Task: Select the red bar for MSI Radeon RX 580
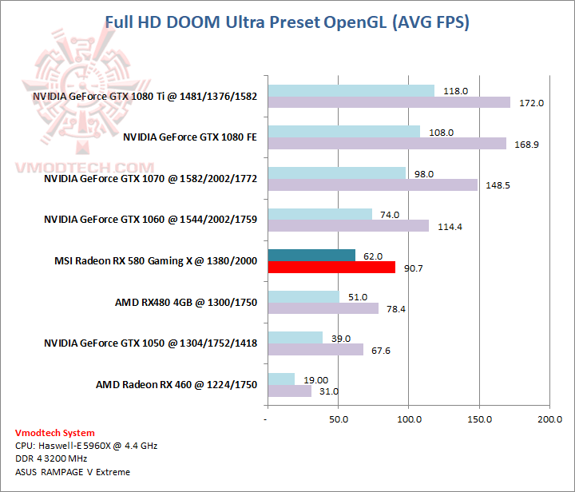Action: pyautogui.click(x=331, y=268)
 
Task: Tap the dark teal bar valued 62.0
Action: pyautogui.click(x=311, y=256)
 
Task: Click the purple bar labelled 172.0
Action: pyautogui.click(x=389, y=102)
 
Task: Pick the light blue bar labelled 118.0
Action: pyautogui.click(x=351, y=91)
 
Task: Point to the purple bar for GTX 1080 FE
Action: pyautogui.click(x=387, y=144)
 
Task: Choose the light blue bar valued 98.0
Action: pyautogui.click(x=337, y=173)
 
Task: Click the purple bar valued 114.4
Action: pyautogui.click(x=348, y=226)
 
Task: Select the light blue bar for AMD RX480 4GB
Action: pyautogui.click(x=303, y=297)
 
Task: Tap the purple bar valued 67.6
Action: pyautogui.click(x=315, y=350)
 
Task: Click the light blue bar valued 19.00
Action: pyautogui.click(x=281, y=379)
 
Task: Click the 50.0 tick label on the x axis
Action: pyautogui.click(x=339, y=418)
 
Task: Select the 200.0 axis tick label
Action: pyautogui.click(x=549, y=418)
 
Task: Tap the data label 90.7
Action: pyautogui.click(x=414, y=268)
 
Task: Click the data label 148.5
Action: pyautogui.click(x=496, y=185)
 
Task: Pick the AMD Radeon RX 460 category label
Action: pyautogui.click(x=176, y=385)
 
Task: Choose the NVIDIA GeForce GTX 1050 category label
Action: pyautogui.click(x=150, y=343)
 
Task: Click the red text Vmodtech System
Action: pyautogui.click(x=54, y=433)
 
